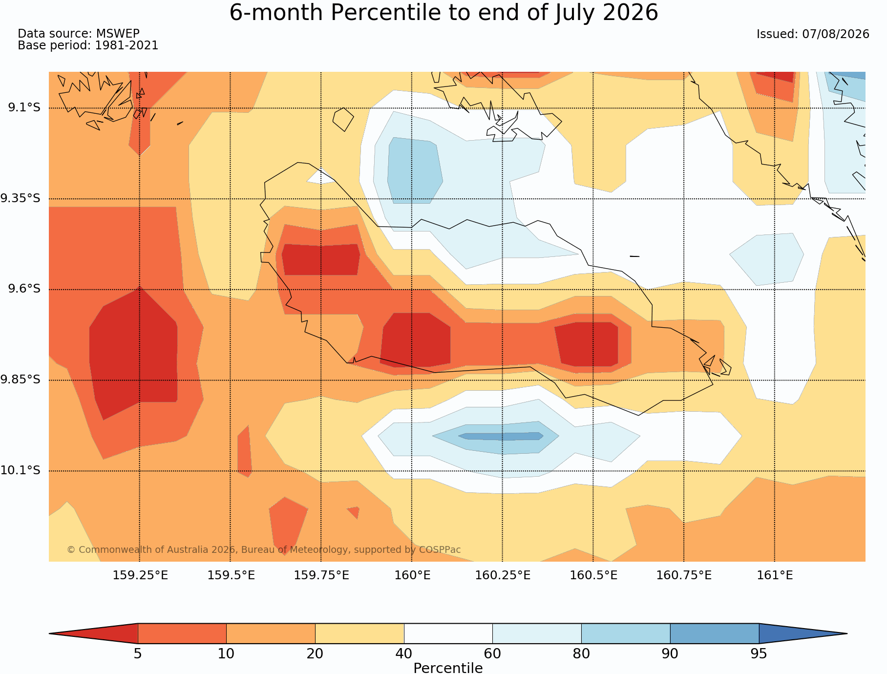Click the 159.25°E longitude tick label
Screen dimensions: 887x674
tap(140, 575)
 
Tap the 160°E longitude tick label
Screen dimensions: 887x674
tap(412, 575)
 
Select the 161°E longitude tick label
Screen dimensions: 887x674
tap(775, 575)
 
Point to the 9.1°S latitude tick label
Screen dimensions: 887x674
tap(24, 107)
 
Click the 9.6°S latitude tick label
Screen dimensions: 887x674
tap(24, 289)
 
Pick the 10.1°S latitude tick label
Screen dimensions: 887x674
tap(21, 470)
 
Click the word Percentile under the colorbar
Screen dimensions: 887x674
tap(448, 668)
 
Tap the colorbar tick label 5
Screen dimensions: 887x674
tap(138, 653)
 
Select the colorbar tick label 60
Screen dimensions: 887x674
tap(492, 653)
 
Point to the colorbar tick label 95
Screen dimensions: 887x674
tap(759, 653)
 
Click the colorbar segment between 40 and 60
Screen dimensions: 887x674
tap(448, 633)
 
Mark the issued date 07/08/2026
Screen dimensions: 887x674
tap(836, 34)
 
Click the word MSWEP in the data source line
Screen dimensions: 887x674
tap(118, 34)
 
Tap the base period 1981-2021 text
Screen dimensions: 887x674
tap(127, 45)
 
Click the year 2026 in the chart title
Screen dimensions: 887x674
tap(631, 13)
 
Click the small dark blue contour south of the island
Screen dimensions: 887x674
tap(501, 436)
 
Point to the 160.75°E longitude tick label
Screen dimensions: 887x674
tap(684, 575)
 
